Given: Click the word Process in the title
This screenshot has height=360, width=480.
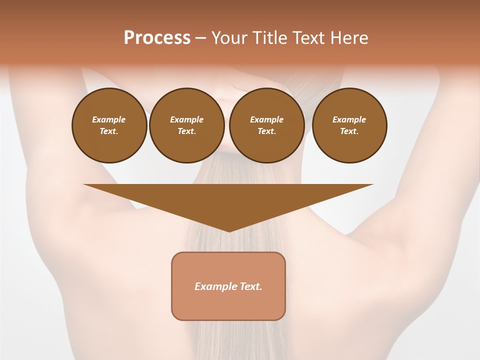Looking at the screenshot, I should point(157,38).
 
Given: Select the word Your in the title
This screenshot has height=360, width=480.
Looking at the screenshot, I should point(230,38).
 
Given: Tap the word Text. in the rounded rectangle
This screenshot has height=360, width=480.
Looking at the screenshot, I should point(250,286).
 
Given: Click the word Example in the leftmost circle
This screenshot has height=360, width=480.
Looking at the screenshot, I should point(109,119).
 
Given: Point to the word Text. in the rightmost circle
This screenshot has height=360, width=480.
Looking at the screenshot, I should point(349,131).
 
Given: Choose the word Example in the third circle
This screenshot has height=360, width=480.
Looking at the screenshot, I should point(266,119).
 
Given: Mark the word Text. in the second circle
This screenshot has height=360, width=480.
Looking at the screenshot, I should point(186,131).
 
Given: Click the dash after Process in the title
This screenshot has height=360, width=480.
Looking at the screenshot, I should point(200,38).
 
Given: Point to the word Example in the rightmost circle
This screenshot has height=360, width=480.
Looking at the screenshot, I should point(349,119).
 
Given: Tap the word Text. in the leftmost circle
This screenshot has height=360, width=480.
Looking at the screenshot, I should point(109,131).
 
